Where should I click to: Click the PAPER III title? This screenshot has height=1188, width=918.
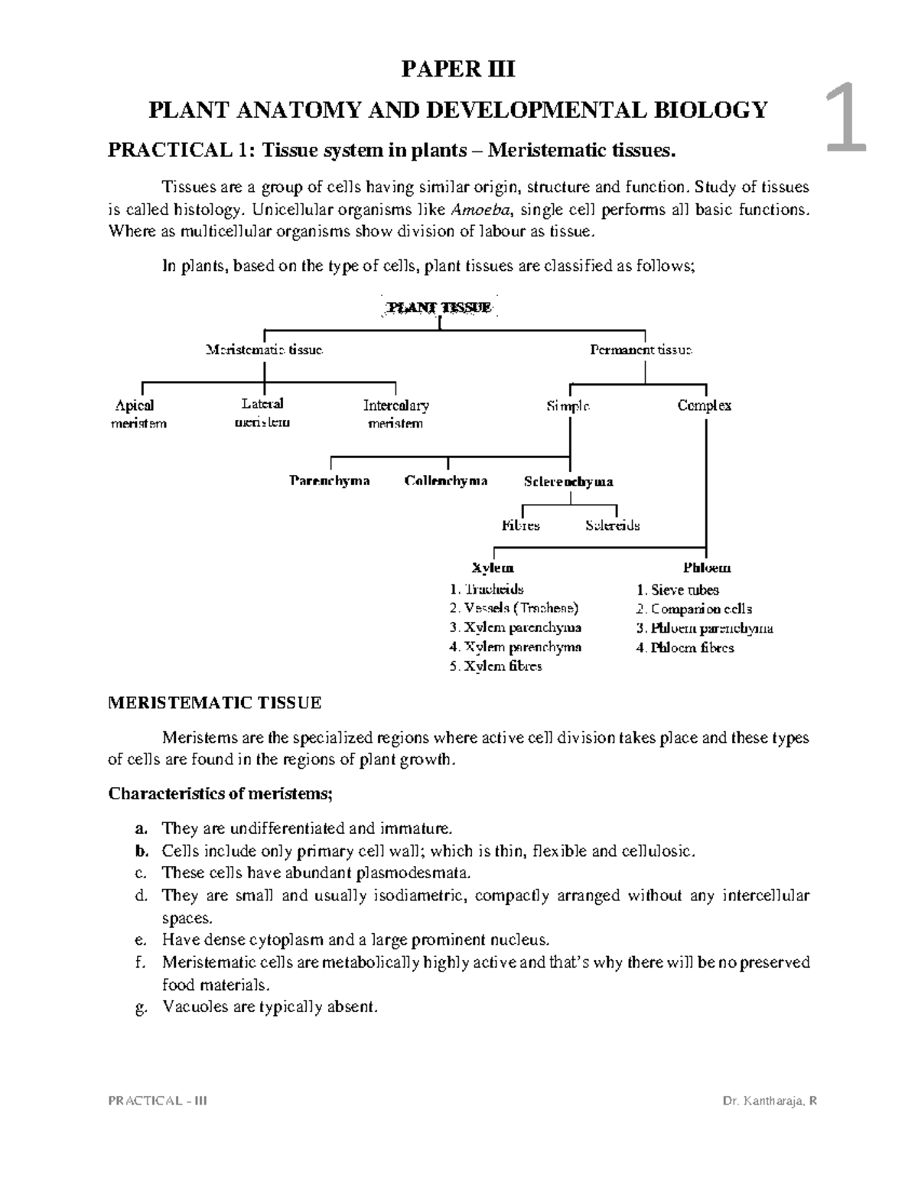458,70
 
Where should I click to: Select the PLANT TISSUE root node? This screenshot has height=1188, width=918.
439,308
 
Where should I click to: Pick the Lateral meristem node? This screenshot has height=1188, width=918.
262,412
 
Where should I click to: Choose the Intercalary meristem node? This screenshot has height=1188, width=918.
396,414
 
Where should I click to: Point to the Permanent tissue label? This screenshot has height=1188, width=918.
641,350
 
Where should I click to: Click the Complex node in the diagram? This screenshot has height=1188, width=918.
704,405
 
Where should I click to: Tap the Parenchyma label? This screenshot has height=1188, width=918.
330,480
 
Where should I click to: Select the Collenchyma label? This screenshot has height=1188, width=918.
446,481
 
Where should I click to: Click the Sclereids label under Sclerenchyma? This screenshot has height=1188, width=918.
612,526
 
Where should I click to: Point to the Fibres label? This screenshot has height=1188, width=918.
520,526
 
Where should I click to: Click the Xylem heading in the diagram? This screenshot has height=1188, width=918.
493,568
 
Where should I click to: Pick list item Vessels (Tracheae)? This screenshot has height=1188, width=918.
513,608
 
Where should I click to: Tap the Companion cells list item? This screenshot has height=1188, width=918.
694,609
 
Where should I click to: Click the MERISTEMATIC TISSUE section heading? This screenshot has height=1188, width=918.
215,702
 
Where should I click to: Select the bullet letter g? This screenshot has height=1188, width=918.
140,1007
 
